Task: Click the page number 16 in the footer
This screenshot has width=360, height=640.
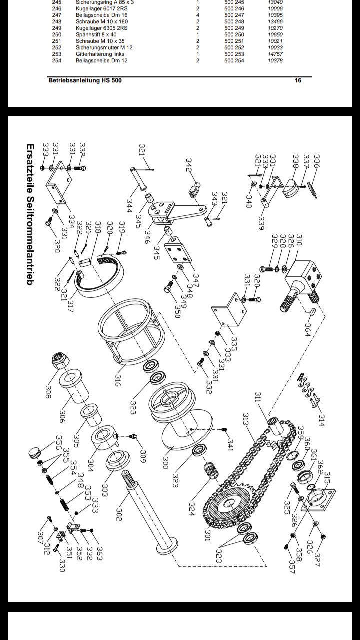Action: pos(298,80)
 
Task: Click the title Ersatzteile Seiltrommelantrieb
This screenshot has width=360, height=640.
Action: pos(30,215)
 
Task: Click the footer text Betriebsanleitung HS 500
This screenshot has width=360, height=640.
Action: pos(85,80)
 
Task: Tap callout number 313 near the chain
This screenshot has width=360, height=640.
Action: pos(246,420)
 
